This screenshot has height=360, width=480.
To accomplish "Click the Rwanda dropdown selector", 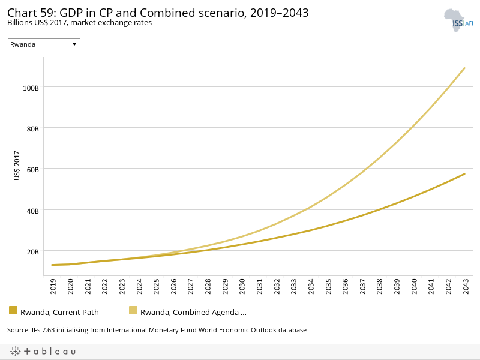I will (x=44, y=44).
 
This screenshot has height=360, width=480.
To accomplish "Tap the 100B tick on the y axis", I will (x=31, y=87).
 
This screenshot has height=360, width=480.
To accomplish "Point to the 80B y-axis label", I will (x=32, y=128).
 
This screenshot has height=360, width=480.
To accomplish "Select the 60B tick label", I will (x=32, y=169).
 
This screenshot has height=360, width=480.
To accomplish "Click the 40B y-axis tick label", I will (x=32, y=211).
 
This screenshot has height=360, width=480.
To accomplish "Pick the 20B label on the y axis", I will (x=32, y=251).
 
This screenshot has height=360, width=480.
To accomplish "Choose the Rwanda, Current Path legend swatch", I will (x=13, y=310).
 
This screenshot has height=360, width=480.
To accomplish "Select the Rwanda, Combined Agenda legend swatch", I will (x=133, y=310).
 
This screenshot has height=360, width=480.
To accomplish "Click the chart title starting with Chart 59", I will (x=158, y=13).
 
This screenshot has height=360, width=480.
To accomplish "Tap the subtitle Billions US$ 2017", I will (x=79, y=23).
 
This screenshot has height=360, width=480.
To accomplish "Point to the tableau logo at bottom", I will (x=43, y=351).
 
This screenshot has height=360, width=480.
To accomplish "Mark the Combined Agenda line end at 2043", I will (x=465, y=68).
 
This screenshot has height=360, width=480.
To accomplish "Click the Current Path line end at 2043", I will (x=465, y=174).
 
